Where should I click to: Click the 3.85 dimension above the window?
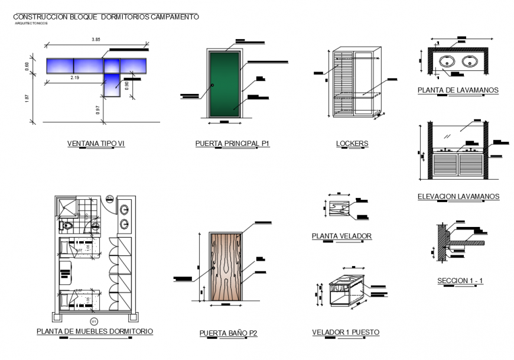96,40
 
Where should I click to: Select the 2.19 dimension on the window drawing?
75,77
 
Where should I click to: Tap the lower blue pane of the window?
112,84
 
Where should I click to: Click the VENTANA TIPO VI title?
96,144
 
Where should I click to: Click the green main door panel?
225,84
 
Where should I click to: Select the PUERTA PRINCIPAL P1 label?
232,144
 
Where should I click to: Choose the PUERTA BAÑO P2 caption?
228,333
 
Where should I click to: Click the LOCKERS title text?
352,144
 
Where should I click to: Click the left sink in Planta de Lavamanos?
447,61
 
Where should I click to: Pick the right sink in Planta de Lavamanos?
470,61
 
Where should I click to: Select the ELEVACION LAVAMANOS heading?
458,196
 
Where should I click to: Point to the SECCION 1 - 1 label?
460,280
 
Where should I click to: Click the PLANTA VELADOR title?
341,236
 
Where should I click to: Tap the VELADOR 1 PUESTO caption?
346,333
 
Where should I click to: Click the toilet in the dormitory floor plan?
67,226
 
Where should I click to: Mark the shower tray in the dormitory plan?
67,206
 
